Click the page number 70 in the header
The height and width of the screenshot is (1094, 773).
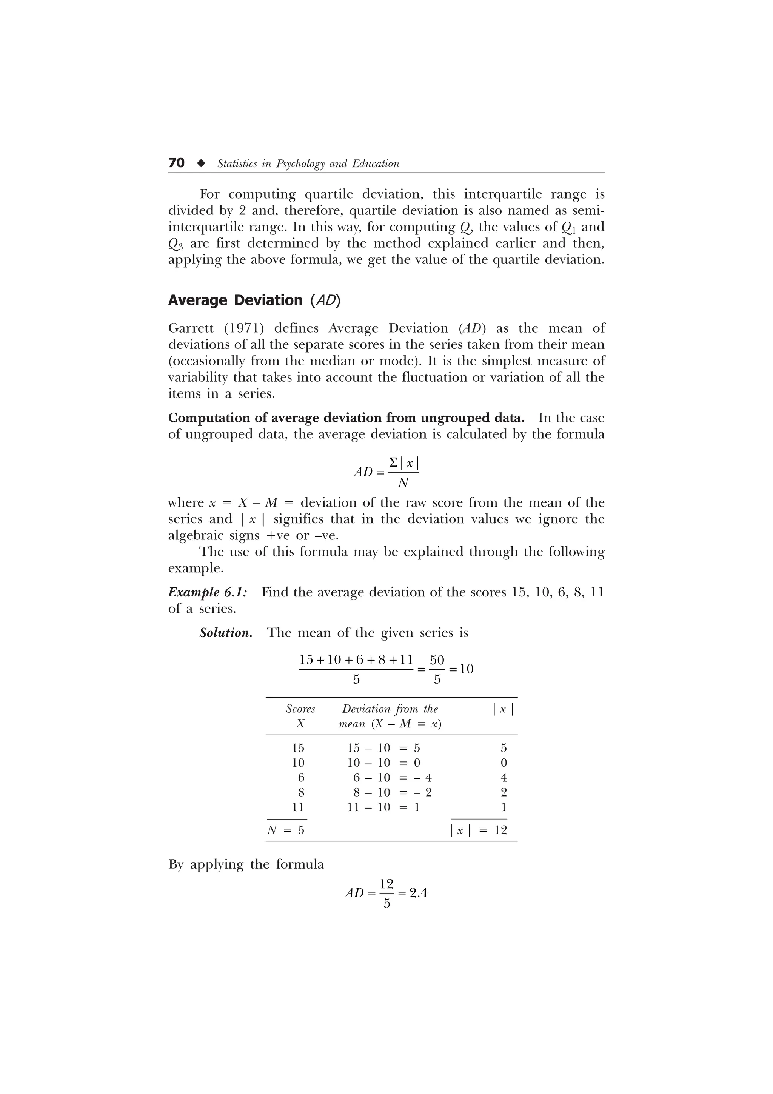[176, 163]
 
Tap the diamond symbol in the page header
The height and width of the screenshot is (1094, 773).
[201, 163]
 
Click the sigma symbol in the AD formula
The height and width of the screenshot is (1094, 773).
[393, 463]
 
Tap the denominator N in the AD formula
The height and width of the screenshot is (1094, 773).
[403, 483]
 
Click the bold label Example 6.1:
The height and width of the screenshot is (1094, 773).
[208, 592]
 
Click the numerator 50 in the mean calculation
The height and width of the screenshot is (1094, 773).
[437, 660]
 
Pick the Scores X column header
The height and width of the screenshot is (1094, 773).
[300, 716]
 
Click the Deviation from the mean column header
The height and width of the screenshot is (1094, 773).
[390, 716]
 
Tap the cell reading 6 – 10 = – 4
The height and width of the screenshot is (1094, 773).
[392, 778]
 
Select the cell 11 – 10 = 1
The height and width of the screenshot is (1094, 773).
[383, 807]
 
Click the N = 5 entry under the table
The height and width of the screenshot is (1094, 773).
[286, 831]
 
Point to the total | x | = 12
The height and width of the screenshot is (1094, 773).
[479, 831]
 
